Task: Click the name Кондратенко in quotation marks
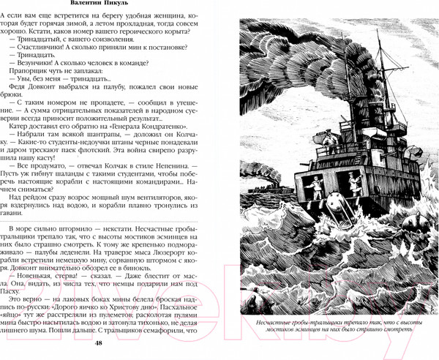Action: [160, 135]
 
